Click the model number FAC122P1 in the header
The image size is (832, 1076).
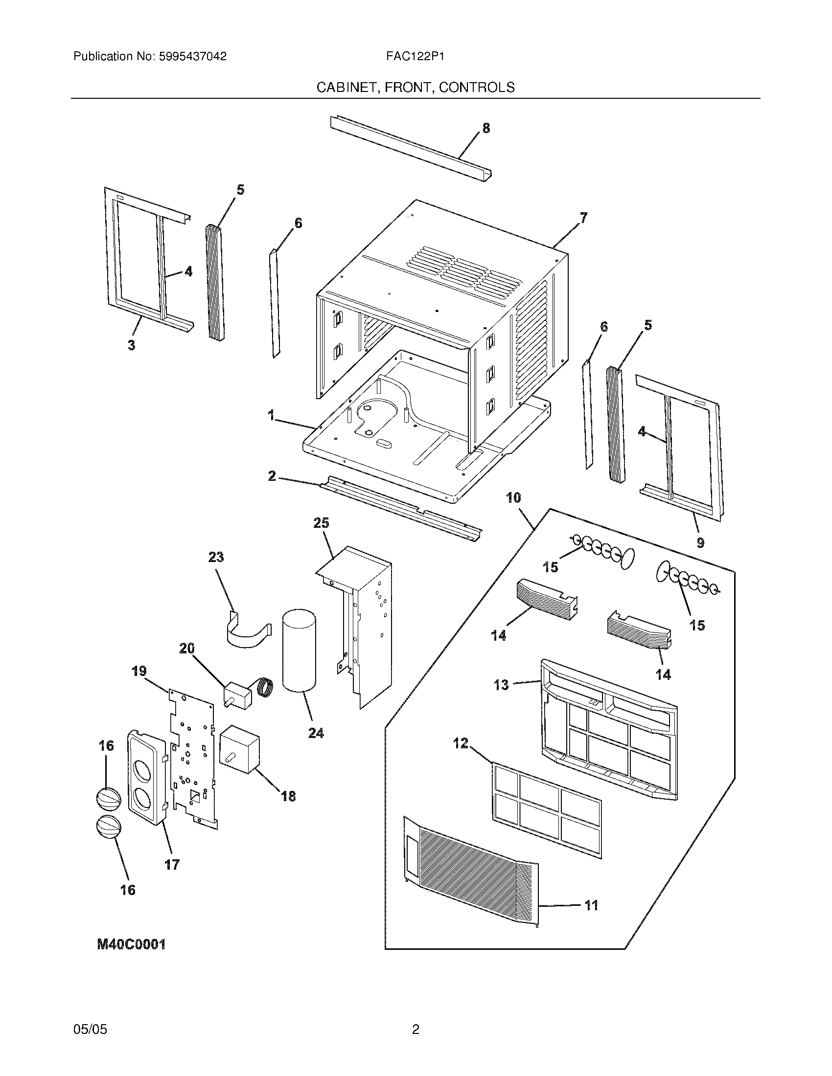(x=416, y=57)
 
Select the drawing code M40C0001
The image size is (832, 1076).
(x=131, y=944)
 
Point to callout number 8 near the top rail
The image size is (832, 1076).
(x=486, y=128)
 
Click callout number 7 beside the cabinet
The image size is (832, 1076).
(x=583, y=217)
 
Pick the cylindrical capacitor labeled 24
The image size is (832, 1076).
(x=299, y=650)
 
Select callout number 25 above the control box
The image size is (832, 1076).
(x=321, y=523)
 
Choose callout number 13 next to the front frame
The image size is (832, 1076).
(x=501, y=685)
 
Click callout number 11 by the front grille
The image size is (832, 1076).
(x=591, y=905)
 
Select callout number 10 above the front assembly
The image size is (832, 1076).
(x=513, y=497)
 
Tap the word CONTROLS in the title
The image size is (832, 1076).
(x=477, y=88)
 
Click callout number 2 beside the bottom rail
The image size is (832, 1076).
(x=272, y=476)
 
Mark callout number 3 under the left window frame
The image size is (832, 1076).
(x=131, y=345)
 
